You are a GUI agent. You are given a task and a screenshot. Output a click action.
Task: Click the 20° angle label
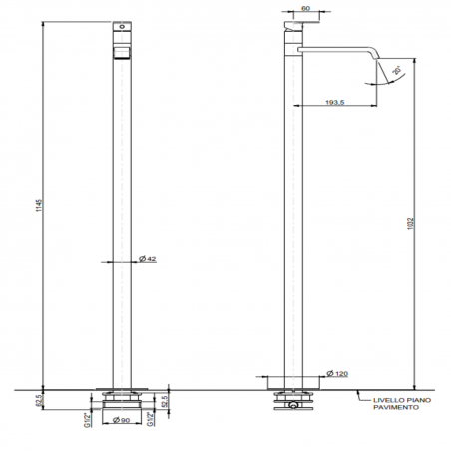point(397,69)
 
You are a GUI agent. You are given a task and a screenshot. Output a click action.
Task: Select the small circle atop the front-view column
point(127,22)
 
